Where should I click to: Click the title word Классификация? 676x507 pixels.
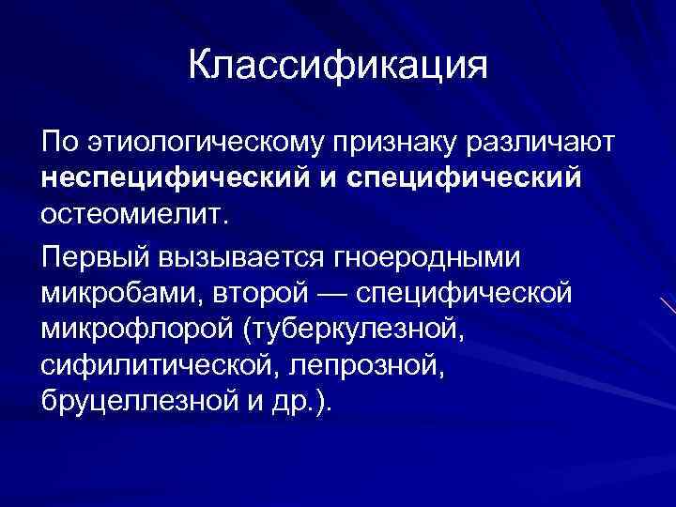(x=338, y=67)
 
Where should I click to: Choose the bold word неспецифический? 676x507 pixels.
(x=166, y=178)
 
